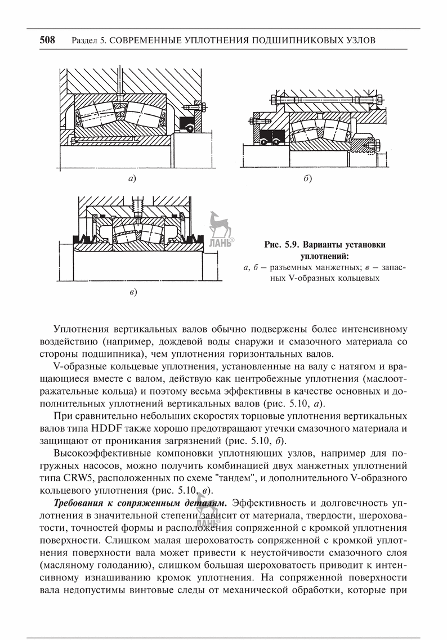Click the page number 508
tap(47, 40)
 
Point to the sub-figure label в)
tap(133, 292)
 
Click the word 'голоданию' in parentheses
tap(127, 565)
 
